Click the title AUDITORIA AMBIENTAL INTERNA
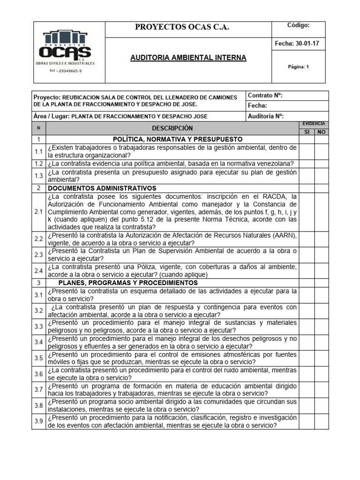tap(188, 58)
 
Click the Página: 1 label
tap(298, 67)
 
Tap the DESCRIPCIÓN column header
tap(172, 128)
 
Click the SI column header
tap(307, 132)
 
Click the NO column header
tap(321, 132)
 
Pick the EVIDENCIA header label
tap(314, 124)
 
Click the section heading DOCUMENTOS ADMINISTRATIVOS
tap(102, 188)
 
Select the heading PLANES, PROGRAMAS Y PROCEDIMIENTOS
tap(128, 283)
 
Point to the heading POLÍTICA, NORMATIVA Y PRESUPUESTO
tap(178, 139)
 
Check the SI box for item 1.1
tap(307, 151)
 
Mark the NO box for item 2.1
tap(321, 212)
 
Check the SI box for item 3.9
tap(307, 421)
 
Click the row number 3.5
tap(38, 358)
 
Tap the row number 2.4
tap(38, 270)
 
